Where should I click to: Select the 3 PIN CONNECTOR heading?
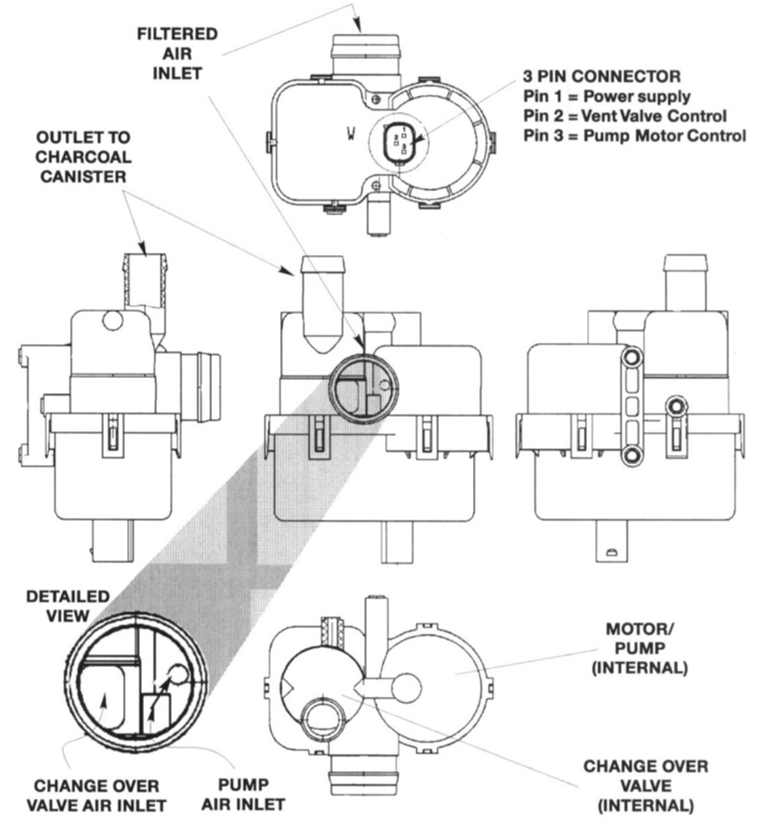[601, 75]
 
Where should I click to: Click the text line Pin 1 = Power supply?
[607, 95]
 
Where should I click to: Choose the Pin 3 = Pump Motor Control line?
[634, 135]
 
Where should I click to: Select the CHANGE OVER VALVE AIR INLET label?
[96, 796]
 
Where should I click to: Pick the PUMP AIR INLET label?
[253, 795]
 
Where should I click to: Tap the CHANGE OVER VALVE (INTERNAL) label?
[645, 786]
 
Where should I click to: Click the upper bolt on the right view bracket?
[633, 357]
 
